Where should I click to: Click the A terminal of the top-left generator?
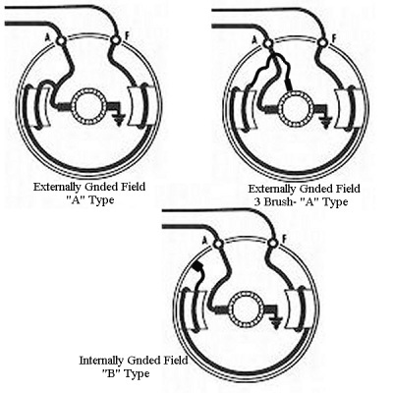[x=61, y=40]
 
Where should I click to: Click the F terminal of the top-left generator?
[x=115, y=40]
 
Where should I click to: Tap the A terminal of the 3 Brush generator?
[x=268, y=43]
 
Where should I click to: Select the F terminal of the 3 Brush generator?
[x=323, y=42]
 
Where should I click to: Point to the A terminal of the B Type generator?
[x=218, y=244]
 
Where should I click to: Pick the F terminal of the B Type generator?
[x=272, y=244]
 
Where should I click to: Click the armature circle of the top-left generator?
[x=89, y=107]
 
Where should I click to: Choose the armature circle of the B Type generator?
[x=247, y=309]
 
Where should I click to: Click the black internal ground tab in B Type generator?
[x=197, y=267]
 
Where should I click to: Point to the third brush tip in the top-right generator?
[x=289, y=88]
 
